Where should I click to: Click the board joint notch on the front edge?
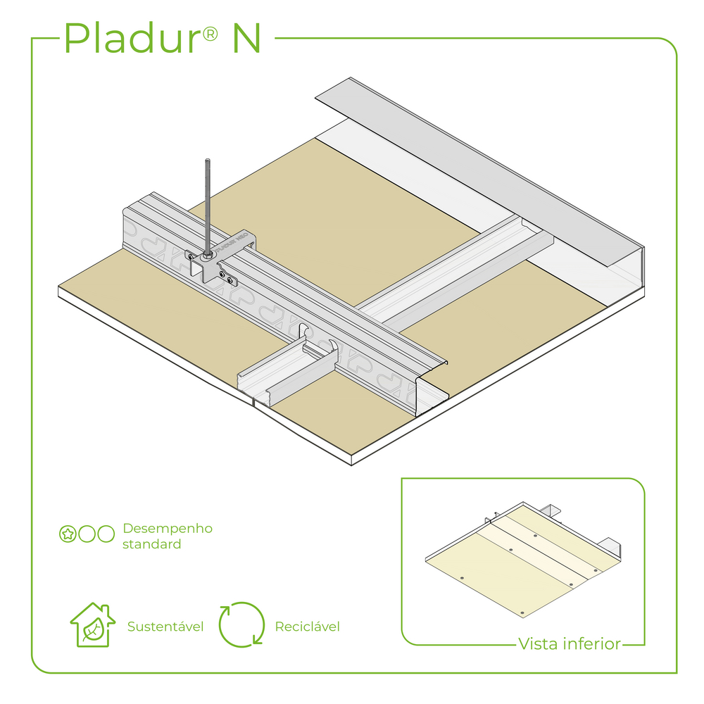(253, 403)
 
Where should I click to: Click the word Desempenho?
(168, 528)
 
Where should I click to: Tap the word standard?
(151, 544)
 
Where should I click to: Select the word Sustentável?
(165, 627)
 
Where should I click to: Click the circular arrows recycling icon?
(241, 624)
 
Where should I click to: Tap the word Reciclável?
(308, 627)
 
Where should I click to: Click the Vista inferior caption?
(570, 643)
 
